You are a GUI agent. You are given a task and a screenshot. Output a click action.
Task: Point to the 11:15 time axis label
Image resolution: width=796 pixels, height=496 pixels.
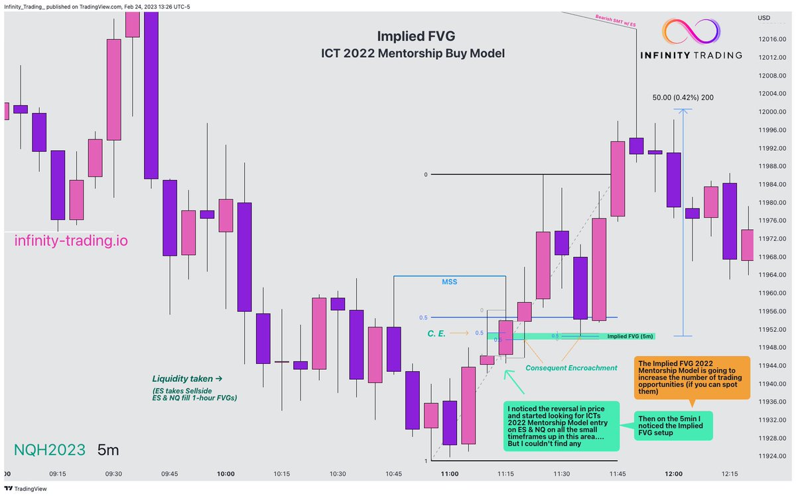pyautogui.click(x=506, y=473)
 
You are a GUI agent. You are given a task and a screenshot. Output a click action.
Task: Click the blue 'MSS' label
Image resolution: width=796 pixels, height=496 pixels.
pyautogui.click(x=449, y=282)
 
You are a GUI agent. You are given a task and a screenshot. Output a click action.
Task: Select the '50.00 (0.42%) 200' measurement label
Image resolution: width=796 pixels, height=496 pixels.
pyautogui.click(x=683, y=97)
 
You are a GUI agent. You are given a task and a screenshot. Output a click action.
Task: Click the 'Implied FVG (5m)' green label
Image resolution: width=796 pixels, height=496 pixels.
pyautogui.click(x=630, y=337)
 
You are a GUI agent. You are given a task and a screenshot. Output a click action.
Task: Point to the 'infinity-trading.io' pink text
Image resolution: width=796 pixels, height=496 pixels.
pyautogui.click(x=71, y=242)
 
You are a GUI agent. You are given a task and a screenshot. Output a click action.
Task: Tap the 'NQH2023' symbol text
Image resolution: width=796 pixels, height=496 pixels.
pyautogui.click(x=49, y=450)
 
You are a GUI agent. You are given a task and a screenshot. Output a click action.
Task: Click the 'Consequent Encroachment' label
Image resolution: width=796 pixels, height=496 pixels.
pyautogui.click(x=570, y=368)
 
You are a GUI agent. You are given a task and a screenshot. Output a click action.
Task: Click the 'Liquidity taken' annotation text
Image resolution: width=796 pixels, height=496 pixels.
pyautogui.click(x=186, y=378)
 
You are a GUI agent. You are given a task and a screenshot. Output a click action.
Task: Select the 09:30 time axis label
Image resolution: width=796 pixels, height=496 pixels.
pyautogui.click(x=113, y=473)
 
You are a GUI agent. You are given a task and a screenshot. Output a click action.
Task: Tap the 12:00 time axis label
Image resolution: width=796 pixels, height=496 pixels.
pyautogui.click(x=674, y=473)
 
